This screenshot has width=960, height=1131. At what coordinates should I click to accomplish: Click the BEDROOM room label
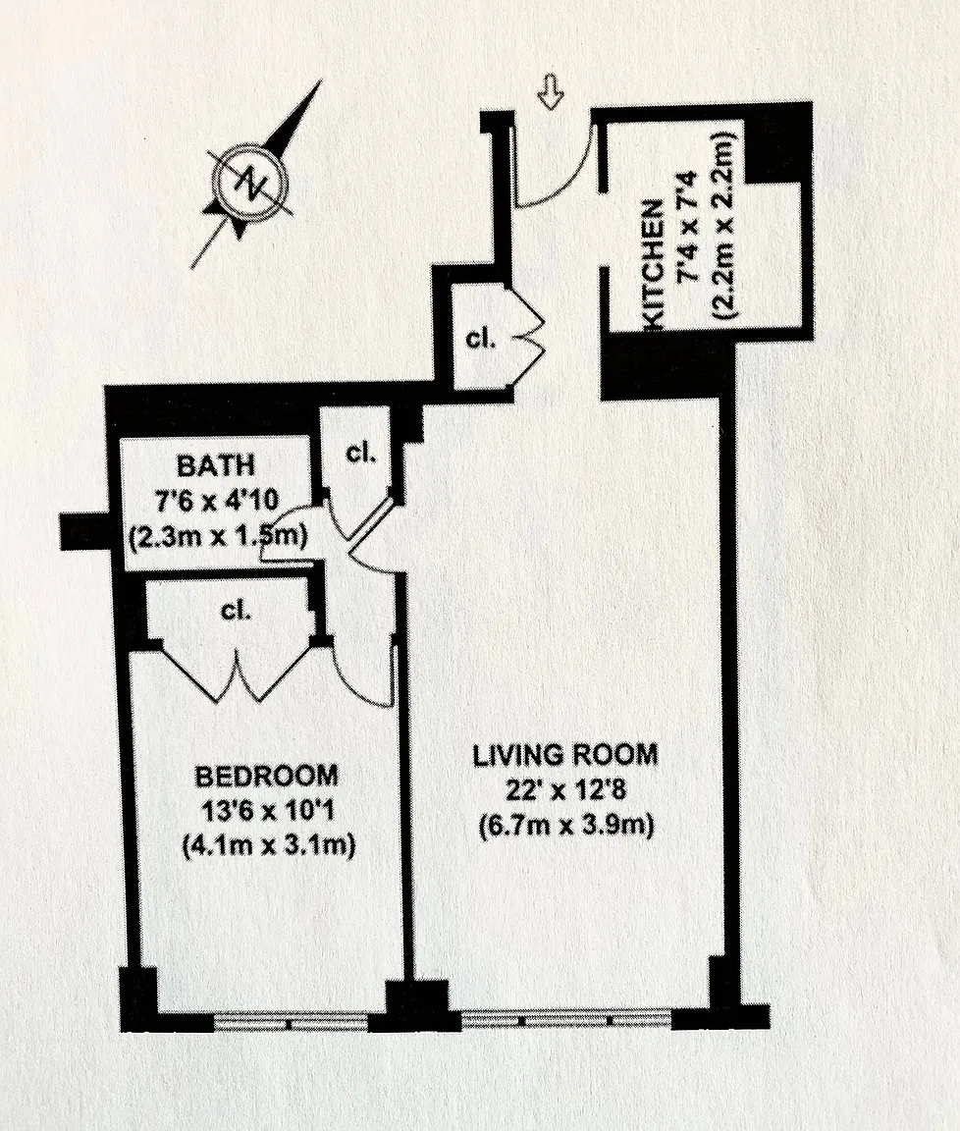click(266, 777)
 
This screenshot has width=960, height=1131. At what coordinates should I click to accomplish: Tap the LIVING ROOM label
click(565, 755)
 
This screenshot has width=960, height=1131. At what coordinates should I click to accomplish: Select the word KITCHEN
click(652, 265)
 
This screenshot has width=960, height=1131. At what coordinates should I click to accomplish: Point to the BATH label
click(216, 465)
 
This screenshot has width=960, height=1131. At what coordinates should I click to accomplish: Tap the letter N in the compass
click(250, 181)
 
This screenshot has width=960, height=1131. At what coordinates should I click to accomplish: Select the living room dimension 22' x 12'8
click(565, 790)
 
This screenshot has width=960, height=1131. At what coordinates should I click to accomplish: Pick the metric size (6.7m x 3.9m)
click(566, 825)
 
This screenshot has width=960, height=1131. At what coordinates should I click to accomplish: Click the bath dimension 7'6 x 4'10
click(216, 501)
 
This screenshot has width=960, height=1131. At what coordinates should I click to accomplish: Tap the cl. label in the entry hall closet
click(481, 339)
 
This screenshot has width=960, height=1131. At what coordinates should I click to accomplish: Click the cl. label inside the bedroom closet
click(236, 611)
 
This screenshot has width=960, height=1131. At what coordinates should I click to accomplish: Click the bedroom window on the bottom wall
click(291, 1021)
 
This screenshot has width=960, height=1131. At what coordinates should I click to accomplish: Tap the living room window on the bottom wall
click(566, 1020)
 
